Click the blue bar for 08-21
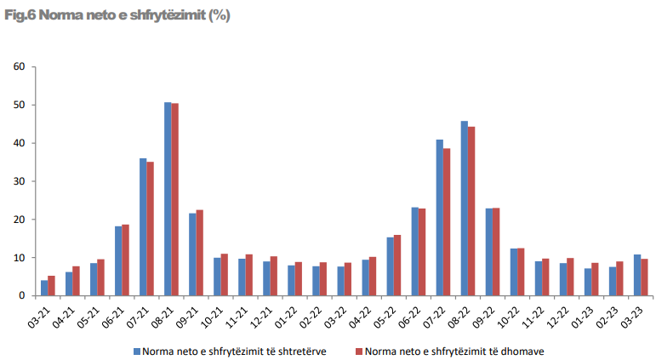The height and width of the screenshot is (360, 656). pyautogui.click(x=168, y=199)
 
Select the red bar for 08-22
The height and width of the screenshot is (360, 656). pyautogui.click(x=471, y=211)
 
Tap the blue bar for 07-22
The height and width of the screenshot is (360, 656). pyautogui.click(x=440, y=218)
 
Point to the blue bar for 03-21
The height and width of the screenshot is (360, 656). pyautogui.click(x=44, y=288)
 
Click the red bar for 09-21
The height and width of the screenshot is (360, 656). pyautogui.click(x=200, y=253)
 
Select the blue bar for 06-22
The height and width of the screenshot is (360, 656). pyautogui.click(x=415, y=251)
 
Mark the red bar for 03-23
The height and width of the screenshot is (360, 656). pyautogui.click(x=644, y=277)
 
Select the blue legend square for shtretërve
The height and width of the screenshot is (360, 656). pyautogui.click(x=137, y=349)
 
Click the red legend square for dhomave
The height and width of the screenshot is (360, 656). pyautogui.click(x=357, y=349)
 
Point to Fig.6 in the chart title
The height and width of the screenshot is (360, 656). pyautogui.click(x=19, y=15)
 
